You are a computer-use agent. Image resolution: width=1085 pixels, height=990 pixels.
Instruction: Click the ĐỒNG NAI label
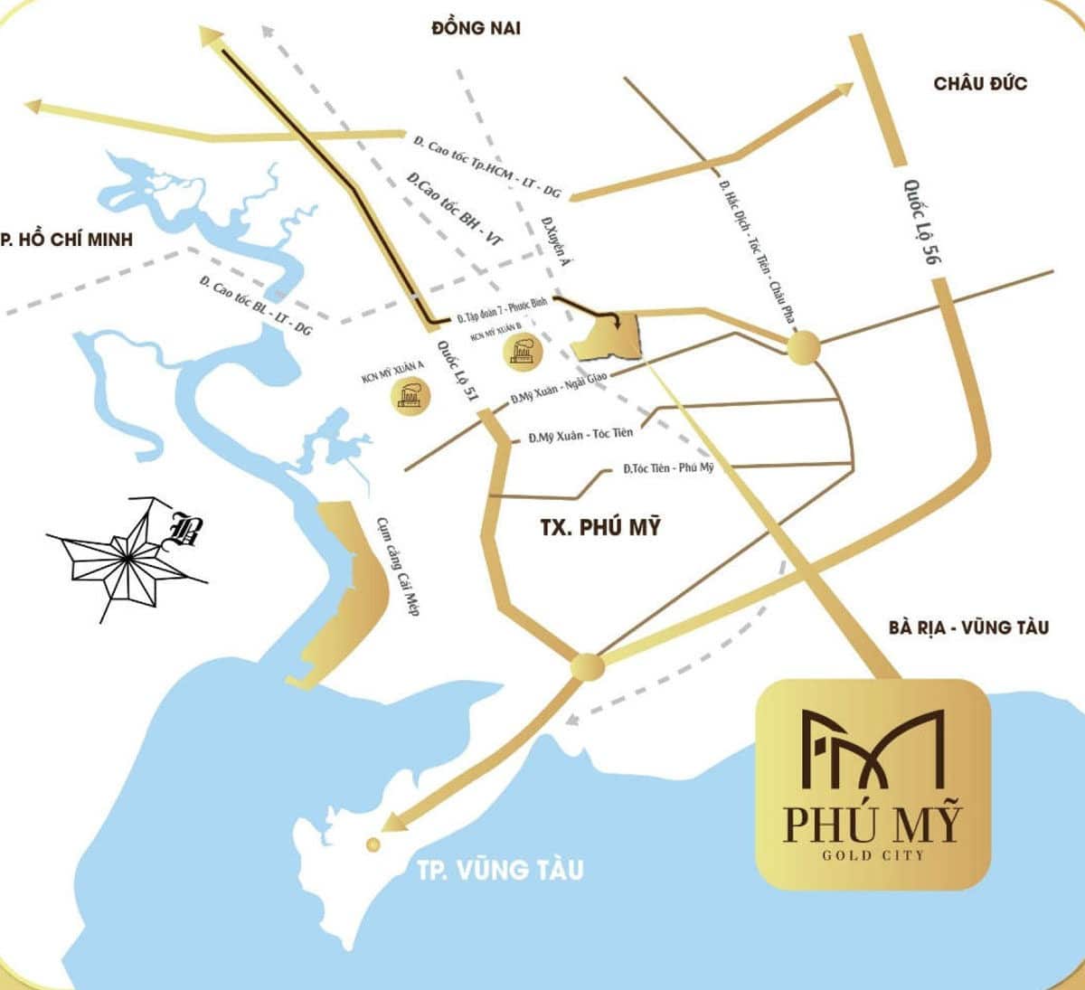[476, 28]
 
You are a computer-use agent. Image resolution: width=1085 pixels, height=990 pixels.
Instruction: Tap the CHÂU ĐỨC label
[980, 83]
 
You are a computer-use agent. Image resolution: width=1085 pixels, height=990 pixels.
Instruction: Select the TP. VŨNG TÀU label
[500, 870]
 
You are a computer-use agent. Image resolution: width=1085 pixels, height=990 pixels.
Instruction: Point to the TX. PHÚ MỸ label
[600, 526]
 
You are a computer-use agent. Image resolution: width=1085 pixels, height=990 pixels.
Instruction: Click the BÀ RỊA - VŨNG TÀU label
[968, 627]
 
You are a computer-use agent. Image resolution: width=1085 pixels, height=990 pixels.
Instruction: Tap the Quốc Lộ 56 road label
[918, 222]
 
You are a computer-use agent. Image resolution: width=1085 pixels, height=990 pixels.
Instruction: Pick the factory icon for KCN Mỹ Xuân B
[524, 350]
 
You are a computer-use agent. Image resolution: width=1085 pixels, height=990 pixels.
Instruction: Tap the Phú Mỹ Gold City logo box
[873, 784]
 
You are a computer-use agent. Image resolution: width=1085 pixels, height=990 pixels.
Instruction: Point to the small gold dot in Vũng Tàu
[372, 844]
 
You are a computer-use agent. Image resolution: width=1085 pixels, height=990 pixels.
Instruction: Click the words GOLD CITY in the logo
[873, 854]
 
